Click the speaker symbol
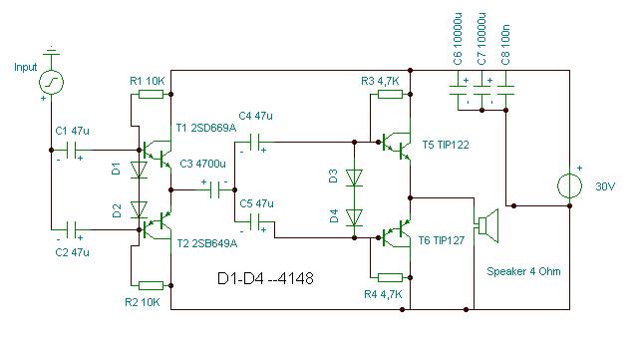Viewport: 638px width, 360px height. point(487,226)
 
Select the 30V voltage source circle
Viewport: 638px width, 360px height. point(569,185)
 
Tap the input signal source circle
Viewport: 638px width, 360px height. point(51,82)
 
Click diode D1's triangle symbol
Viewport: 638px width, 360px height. point(139,170)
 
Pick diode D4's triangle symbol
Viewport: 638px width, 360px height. point(354,217)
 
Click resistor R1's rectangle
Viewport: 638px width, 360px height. point(151,95)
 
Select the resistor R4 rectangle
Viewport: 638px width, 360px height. point(390,278)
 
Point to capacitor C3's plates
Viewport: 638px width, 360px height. point(215,189)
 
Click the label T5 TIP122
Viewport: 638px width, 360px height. point(446,145)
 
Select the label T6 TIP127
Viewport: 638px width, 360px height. point(442,240)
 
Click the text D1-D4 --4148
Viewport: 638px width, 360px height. point(266,278)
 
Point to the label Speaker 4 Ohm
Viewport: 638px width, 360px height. point(523,271)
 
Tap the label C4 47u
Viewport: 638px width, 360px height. point(255,116)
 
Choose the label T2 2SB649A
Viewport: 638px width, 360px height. point(207,243)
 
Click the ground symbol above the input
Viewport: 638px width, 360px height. point(51,51)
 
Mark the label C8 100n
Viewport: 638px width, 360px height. point(505,44)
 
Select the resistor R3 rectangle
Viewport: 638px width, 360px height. point(390,95)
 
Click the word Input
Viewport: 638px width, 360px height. point(25,67)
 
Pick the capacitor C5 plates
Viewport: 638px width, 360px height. point(255,222)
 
